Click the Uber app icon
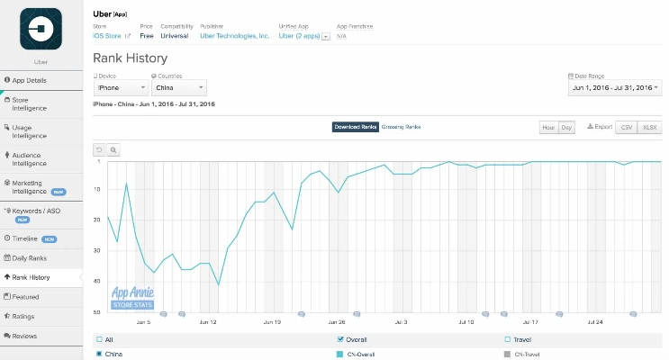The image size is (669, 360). pos(40,29)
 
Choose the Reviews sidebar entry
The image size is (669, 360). pos(25,336)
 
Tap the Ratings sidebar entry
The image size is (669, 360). pos(25,316)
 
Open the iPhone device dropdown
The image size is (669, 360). pos(121,88)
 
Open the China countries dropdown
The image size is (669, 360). pos(178,88)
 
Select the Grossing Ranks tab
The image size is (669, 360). pos(401,127)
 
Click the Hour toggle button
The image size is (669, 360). pos(548,128)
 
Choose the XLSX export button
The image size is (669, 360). pos(648,128)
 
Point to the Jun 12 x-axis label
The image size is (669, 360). pos(209,321)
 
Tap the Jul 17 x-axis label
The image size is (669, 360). pos(529,321)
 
